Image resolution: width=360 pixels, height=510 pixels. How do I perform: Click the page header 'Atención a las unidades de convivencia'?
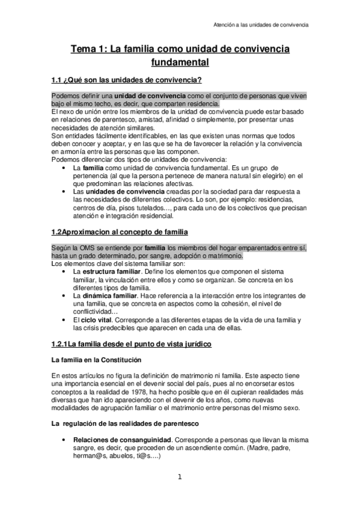(261, 25)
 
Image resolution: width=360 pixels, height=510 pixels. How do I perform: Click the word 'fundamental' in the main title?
(179, 61)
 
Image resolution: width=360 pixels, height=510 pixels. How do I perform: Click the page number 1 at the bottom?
(179, 478)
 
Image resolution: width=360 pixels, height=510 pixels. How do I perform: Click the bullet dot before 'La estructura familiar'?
(65, 272)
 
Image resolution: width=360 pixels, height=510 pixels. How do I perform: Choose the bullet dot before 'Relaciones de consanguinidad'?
(65, 440)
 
